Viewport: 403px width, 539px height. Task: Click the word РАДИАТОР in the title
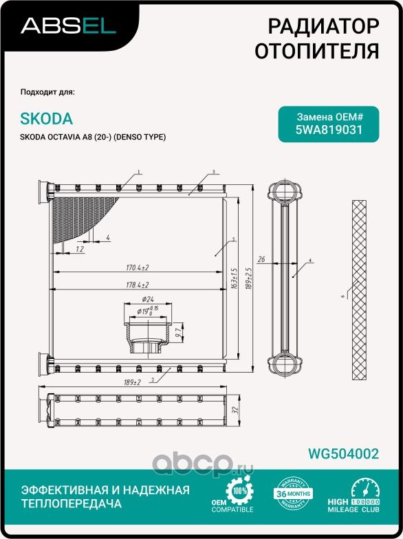[323, 27]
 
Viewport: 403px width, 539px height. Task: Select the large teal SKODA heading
[47, 119]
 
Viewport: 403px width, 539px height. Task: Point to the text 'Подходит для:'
[48, 91]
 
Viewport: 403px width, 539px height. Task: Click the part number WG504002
[344, 453]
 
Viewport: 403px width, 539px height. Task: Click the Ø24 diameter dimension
[147, 300]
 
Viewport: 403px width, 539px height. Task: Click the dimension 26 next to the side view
[261, 259]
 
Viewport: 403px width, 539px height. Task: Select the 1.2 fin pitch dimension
[80, 249]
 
